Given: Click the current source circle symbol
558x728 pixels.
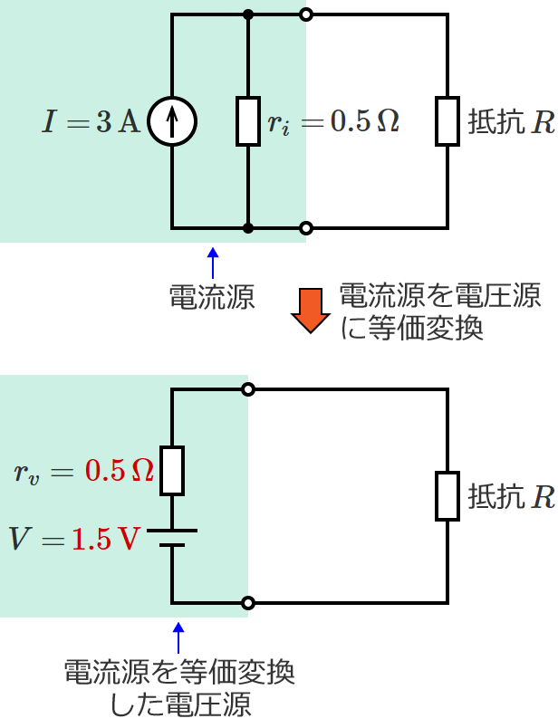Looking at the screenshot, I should (172, 121).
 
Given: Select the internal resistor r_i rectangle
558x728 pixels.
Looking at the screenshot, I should (248, 121).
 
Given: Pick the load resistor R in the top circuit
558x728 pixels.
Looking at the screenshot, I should (447, 121).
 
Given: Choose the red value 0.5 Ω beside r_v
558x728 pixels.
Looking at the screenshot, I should (119, 471).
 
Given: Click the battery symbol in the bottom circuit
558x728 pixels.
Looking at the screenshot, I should (172, 539).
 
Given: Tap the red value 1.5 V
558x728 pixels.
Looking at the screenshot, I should (106, 540).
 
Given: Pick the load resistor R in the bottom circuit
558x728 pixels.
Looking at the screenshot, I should (447, 495).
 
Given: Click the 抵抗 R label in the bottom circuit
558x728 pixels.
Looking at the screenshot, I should (510, 496).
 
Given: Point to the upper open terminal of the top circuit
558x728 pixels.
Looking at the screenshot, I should (306, 14).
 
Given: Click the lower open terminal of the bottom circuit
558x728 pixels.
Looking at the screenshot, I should (248, 603).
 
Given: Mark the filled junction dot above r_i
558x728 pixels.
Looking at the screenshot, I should (248, 14).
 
